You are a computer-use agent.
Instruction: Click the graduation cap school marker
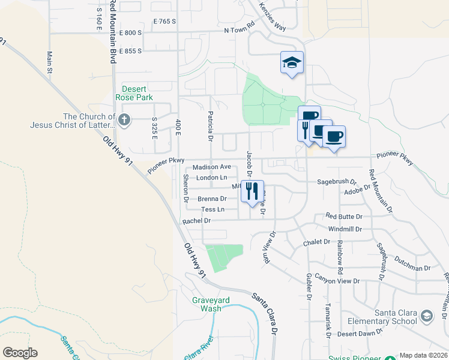tap(292, 62)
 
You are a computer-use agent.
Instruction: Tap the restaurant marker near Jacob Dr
tap(252, 191)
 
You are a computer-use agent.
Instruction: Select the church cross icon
tap(124, 120)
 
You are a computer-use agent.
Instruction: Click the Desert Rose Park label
tap(137, 93)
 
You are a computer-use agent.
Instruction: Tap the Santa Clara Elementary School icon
tap(426, 316)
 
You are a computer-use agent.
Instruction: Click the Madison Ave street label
tap(212, 167)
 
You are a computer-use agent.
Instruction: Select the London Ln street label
tap(212, 178)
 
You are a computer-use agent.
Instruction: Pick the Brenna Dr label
tap(212, 199)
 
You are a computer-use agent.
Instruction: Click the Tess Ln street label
tap(212, 209)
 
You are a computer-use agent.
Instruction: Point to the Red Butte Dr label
tap(345, 216)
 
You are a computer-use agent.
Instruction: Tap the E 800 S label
tap(130, 32)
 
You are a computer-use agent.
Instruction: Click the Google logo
tap(20, 353)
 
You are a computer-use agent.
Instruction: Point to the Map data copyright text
tap(423, 355)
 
